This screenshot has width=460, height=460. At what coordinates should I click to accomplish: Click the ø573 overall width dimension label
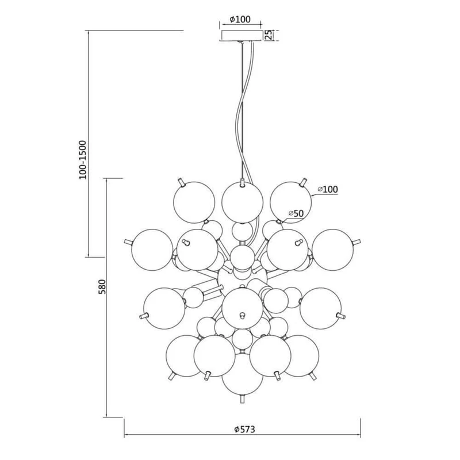tap(245, 430)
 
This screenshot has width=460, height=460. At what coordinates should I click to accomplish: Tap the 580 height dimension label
tap(102, 286)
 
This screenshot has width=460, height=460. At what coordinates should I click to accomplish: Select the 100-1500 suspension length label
tap(83, 160)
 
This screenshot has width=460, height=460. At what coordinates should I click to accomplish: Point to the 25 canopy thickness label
tap(269, 35)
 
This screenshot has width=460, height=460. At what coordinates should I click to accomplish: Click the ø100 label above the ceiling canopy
tap(240, 20)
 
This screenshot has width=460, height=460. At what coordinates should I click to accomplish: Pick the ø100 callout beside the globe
tap(328, 189)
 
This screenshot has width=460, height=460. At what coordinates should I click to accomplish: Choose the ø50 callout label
tap(296, 213)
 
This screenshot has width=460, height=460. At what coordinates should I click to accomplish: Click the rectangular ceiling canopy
tap(241, 35)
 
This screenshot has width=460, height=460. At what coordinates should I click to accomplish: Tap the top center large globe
tap(242, 202)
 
